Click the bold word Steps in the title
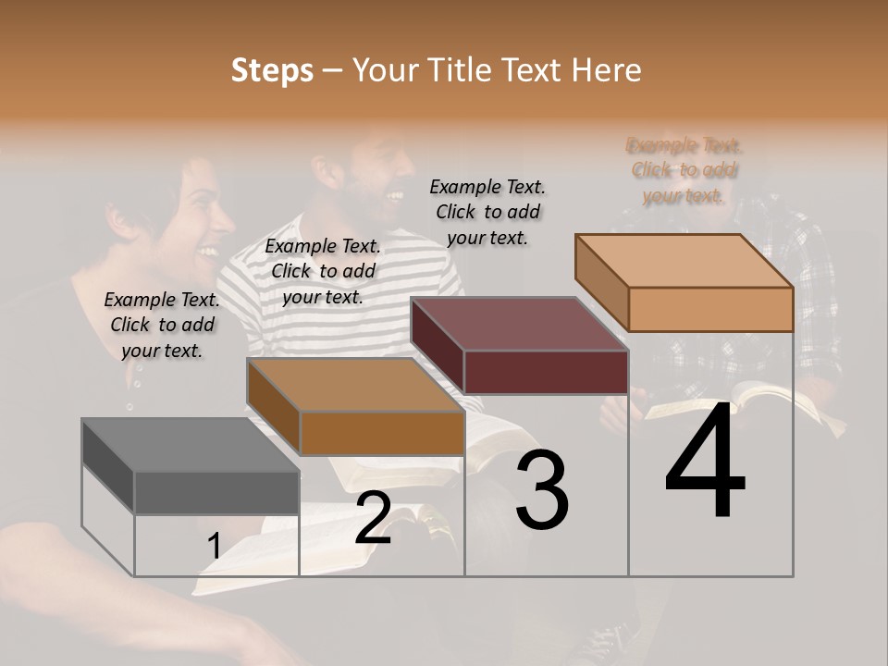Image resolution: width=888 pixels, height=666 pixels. (x=272, y=70)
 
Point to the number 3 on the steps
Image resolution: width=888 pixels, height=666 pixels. (x=541, y=490)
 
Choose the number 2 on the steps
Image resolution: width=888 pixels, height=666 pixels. (x=373, y=518)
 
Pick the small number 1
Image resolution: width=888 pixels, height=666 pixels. (x=214, y=547)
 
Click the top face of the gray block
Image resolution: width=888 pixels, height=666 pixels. (x=190, y=445)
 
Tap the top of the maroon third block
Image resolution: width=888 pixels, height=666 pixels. (x=519, y=325)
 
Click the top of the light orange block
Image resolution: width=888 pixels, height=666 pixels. (x=684, y=261)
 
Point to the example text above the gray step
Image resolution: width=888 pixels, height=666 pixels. (x=162, y=325)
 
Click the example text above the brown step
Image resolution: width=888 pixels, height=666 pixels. (x=323, y=271)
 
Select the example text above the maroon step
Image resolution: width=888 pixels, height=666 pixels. (x=487, y=212)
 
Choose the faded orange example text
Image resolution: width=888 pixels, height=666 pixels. (x=684, y=170)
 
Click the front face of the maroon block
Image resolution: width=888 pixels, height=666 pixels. (x=546, y=372)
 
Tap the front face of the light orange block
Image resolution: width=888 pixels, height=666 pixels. (x=710, y=309)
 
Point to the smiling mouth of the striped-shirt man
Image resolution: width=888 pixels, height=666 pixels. (x=393, y=196)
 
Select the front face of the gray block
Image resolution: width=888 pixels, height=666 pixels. (x=216, y=492)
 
